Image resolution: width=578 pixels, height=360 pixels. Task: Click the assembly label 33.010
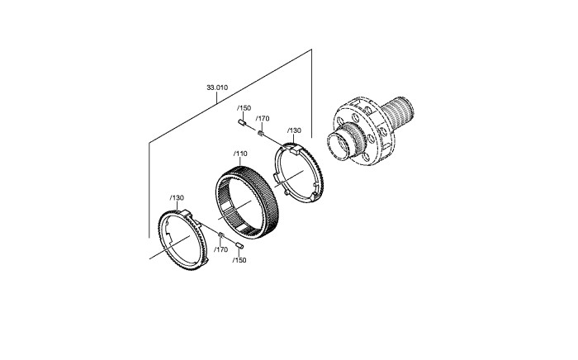(217, 88)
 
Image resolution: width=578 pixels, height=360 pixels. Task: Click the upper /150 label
(244, 108)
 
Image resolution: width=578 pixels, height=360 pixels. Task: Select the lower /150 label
(239, 260)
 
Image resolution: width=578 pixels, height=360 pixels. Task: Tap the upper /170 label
(263, 119)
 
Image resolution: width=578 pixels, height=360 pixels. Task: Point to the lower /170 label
(221, 250)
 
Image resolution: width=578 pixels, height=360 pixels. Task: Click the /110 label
(240, 154)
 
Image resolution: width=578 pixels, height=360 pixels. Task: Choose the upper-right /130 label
(294, 130)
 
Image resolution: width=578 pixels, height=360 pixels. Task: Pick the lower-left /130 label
(177, 198)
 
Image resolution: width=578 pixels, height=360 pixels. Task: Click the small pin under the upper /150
(242, 122)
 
